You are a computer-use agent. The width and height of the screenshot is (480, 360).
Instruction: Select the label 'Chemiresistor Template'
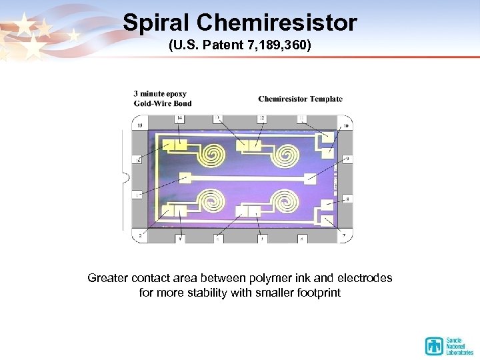click(300, 99)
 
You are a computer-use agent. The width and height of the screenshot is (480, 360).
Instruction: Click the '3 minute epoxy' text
click(160, 94)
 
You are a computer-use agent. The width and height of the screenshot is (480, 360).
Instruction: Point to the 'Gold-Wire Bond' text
click(163, 103)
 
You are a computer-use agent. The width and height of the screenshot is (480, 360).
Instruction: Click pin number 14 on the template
click(179, 118)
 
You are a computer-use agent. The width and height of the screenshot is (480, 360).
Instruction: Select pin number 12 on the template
click(262, 118)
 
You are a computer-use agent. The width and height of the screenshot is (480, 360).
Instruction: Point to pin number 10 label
click(345, 125)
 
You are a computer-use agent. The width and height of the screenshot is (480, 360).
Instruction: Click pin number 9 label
click(347, 159)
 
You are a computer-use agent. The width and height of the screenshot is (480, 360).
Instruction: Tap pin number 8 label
click(347, 199)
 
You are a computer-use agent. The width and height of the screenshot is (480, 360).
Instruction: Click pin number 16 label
click(138, 160)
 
